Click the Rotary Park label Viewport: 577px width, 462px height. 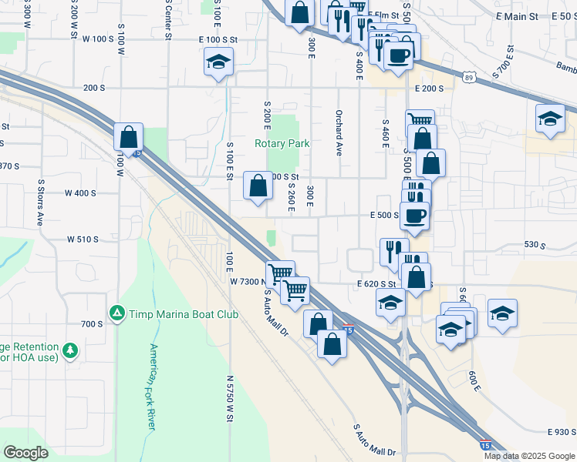click(282, 143)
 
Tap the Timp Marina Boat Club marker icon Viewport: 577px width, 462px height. click(116, 313)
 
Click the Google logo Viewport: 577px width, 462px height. click(25, 453)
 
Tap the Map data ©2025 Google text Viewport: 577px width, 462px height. click(528, 456)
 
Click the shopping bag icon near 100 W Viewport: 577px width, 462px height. click(128, 136)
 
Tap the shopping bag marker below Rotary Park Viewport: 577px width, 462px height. click(258, 185)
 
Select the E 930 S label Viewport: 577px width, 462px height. click(562, 433)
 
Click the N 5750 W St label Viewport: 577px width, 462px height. click(229, 398)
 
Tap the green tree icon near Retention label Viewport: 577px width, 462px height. click(71, 351)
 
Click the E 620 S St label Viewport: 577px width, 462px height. click(376, 284)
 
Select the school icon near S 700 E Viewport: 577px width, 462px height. click(549, 119)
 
